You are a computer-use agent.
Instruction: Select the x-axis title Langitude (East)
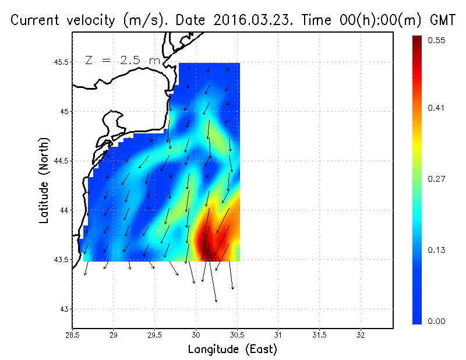click(x=232, y=350)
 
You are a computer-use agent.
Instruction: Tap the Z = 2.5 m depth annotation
click(x=122, y=60)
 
